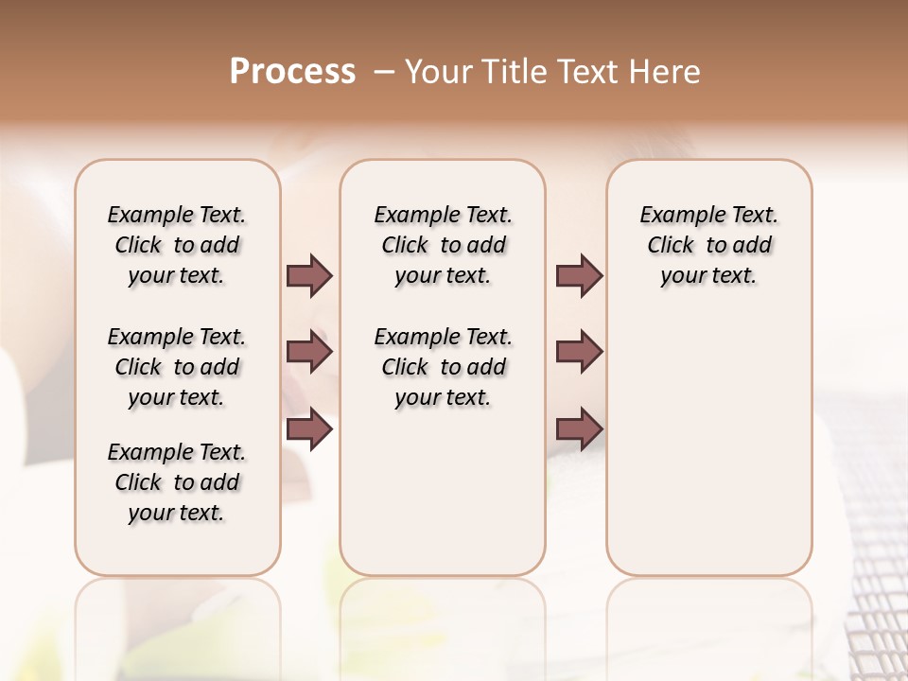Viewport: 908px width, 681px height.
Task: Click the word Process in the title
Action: pyautogui.click(x=292, y=72)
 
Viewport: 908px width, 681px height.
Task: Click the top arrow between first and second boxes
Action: pyautogui.click(x=309, y=276)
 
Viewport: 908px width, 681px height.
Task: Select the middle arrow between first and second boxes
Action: pyautogui.click(x=309, y=353)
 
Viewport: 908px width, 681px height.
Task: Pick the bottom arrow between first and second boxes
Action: pyautogui.click(x=309, y=429)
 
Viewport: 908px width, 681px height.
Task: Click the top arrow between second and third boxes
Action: pyautogui.click(x=579, y=276)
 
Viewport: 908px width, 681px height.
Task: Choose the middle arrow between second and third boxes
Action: pyautogui.click(x=579, y=353)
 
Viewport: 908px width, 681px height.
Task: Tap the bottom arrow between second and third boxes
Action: pyautogui.click(x=579, y=429)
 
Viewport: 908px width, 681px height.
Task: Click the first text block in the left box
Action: pyautogui.click(x=177, y=245)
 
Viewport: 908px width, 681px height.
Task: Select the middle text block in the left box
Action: pyautogui.click(x=177, y=367)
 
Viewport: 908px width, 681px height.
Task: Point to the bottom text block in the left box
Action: pyautogui.click(x=177, y=482)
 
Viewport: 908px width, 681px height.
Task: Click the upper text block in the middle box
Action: pyautogui.click(x=443, y=245)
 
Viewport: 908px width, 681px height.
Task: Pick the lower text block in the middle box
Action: pyautogui.click(x=443, y=367)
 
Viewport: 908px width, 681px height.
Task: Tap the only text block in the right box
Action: pyautogui.click(x=708, y=245)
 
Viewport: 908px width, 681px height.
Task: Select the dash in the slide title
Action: pyautogui.click(x=384, y=72)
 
